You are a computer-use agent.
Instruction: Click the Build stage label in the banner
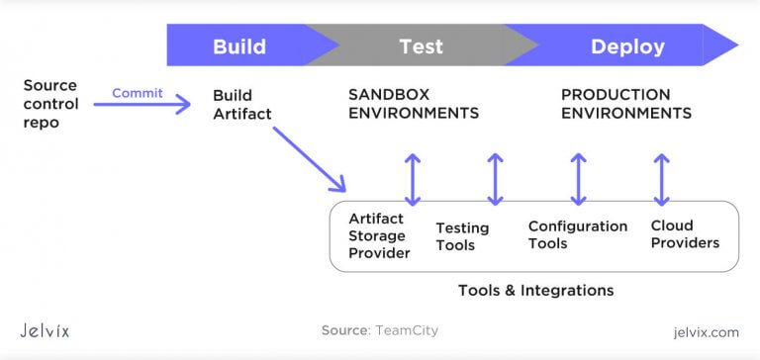[x=238, y=46]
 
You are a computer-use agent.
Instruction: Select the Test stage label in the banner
[x=421, y=46]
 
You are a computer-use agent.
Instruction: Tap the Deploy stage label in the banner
[x=627, y=46]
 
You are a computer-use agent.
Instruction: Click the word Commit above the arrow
[x=138, y=93]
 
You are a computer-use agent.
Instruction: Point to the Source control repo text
[x=49, y=105]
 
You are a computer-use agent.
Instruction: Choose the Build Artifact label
[x=241, y=105]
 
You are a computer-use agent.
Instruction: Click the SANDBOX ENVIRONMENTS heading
[x=414, y=104]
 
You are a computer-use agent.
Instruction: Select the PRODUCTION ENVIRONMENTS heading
[x=625, y=104]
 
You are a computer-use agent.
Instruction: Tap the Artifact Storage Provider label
[x=378, y=235]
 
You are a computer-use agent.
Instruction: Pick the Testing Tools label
[x=462, y=236]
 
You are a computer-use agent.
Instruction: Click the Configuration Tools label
[x=577, y=234]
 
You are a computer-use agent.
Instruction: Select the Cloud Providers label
[x=685, y=234]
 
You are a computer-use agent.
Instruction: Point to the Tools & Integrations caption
[x=535, y=291]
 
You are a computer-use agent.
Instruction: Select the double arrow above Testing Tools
[x=496, y=179]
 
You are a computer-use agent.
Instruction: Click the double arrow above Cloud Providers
[x=662, y=179]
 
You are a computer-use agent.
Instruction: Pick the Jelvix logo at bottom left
[x=46, y=330]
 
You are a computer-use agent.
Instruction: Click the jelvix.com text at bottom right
[x=704, y=331]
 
